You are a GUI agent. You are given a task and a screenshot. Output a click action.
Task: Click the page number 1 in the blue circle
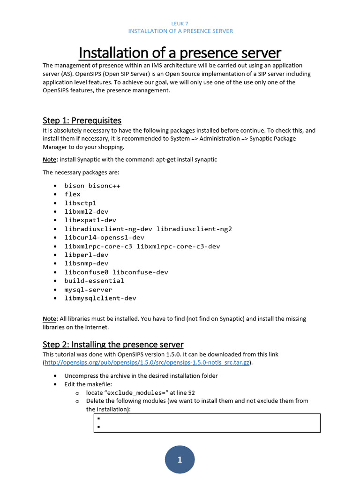click(180, 460)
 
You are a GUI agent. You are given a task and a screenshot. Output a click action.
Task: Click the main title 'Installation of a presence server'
click(180, 52)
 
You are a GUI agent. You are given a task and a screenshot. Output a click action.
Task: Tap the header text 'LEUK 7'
click(180, 23)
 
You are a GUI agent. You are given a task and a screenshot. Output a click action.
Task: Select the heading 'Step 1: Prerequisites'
click(82, 120)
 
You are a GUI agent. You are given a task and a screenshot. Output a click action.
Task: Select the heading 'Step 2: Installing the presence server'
click(113, 345)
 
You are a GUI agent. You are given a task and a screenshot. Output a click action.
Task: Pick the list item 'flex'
click(73, 194)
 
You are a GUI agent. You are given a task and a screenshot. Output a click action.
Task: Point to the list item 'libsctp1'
click(80, 203)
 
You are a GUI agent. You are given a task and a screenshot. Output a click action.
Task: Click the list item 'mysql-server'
click(88, 289)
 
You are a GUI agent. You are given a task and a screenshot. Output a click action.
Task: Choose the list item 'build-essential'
click(94, 281)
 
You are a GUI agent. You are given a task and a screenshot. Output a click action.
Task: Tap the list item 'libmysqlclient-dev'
click(100, 298)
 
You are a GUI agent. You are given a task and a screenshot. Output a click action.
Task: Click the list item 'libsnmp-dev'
click(86, 263)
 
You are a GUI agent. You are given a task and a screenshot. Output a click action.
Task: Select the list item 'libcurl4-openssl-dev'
click(104, 238)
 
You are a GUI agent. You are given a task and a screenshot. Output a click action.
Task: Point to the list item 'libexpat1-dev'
click(90, 220)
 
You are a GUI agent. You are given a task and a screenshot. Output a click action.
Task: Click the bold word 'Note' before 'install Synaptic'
click(49, 159)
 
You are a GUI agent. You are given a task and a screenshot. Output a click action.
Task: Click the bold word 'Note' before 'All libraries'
click(49, 319)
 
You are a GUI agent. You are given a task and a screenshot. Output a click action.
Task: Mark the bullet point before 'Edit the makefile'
click(55, 384)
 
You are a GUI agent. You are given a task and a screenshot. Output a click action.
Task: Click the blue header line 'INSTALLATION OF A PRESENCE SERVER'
click(180, 31)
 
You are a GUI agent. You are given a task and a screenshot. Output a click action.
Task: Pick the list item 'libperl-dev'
click(86, 255)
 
